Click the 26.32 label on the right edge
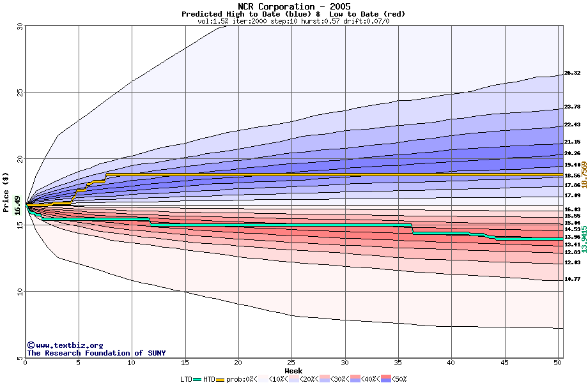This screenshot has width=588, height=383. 572,73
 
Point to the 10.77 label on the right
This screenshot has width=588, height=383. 572,279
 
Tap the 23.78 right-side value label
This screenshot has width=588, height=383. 572,107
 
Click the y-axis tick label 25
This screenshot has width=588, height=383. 19,93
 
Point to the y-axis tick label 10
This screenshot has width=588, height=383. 19,292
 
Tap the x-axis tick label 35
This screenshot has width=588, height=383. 398,363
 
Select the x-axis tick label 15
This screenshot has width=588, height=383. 185,363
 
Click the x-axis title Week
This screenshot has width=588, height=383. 293,370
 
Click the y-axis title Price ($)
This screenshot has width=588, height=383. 6,191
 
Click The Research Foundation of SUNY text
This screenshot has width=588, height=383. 96,353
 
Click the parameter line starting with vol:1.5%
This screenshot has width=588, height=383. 294,21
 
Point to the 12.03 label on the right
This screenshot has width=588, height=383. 572,262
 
